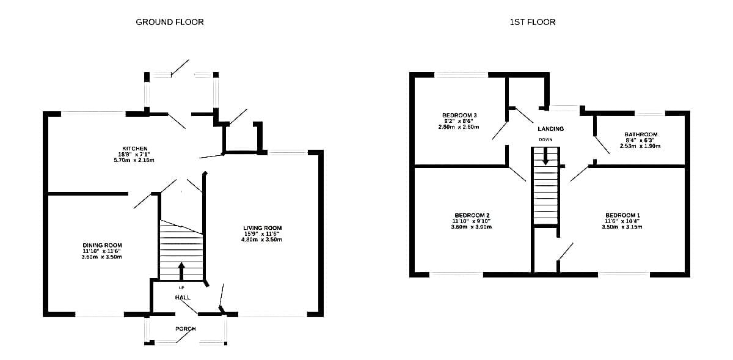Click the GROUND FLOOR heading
click(170, 22)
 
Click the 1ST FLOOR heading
click(533, 22)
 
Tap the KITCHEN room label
click(135, 149)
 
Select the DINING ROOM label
click(102, 245)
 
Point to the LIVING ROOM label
click(263, 227)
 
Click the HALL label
click(183, 298)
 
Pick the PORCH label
click(186, 329)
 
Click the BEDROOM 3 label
click(459, 115)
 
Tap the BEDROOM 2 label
click(472, 215)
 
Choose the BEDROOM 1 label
click(622, 215)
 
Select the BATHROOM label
click(641, 134)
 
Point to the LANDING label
click(551, 129)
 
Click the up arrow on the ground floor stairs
click(181, 271)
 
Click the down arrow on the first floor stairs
click(545, 156)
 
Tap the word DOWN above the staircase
click(545, 139)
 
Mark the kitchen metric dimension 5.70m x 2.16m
click(134, 160)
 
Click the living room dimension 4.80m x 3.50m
click(261, 240)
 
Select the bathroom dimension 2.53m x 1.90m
click(640, 146)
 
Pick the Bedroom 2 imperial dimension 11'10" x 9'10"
click(471, 221)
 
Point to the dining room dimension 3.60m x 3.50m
click(102, 257)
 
